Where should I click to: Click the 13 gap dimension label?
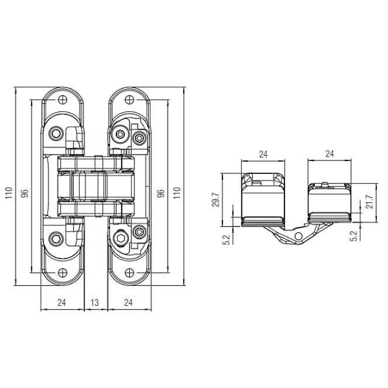pos(95,303)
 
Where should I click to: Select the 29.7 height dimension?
pos(215,199)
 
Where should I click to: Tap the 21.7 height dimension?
pos(370,202)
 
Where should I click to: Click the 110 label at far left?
pos(9,193)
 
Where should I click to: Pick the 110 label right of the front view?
pos(177,193)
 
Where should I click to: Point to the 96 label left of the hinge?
pos(25,193)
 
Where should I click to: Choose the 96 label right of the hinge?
pos(161,193)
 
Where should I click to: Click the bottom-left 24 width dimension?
pos(61,303)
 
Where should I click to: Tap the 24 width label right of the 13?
pos(129,303)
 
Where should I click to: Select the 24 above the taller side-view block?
pos(263,154)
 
